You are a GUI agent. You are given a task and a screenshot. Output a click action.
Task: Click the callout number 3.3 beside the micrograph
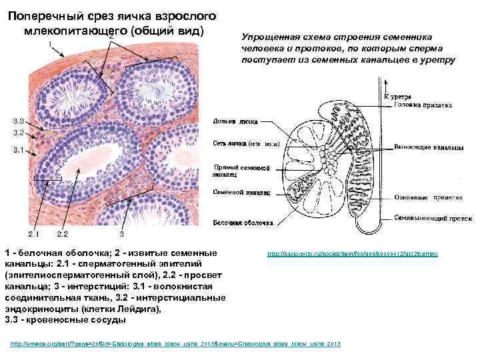[18, 121]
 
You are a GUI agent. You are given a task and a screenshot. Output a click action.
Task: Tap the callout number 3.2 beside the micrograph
[18, 133]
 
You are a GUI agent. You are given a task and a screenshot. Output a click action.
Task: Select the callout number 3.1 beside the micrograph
[18, 151]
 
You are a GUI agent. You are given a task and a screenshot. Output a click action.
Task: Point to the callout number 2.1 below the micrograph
[33, 235]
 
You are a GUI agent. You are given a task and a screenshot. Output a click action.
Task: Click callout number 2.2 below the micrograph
[63, 235]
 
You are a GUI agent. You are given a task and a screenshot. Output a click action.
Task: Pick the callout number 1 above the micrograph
[49, 45]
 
